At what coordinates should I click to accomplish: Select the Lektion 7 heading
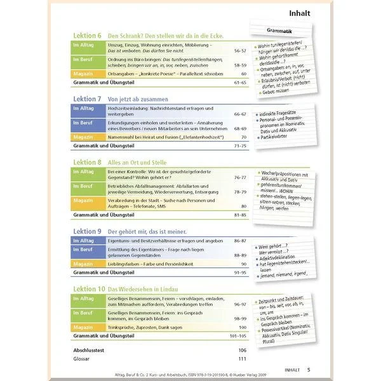(x=86, y=100)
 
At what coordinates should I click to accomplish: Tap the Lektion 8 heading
(x=86, y=163)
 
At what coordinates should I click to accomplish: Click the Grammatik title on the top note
(x=282, y=30)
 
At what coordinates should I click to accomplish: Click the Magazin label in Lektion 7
(x=84, y=137)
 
